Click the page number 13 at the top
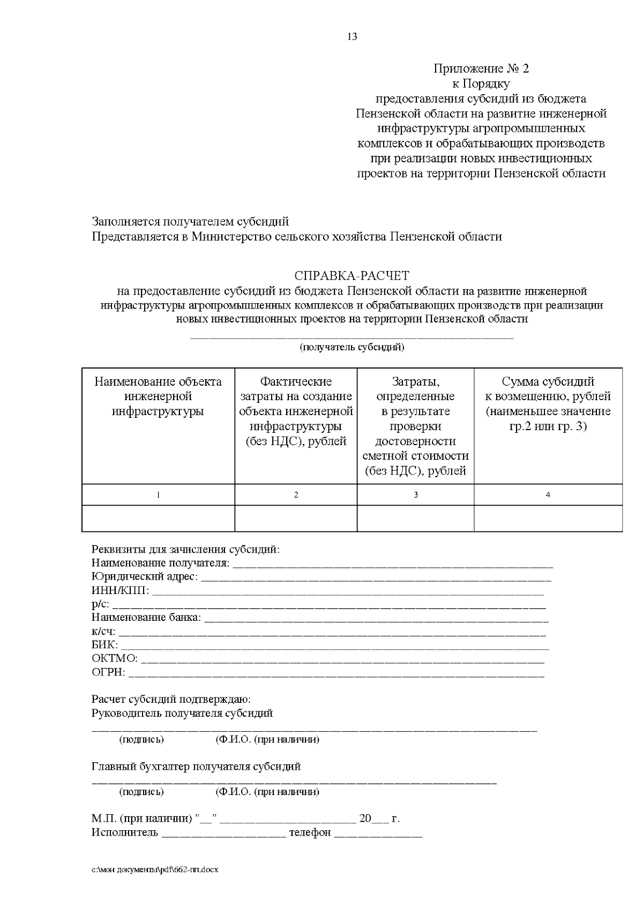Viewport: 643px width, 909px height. [352, 37]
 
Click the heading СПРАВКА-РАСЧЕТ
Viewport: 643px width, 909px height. [352, 276]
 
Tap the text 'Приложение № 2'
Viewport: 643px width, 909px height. [481, 69]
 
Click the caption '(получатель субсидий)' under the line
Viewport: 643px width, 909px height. [352, 347]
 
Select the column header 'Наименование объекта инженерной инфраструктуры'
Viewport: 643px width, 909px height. [158, 396]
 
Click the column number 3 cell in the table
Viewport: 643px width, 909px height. [415, 495]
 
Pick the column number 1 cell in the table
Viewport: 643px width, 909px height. [158, 495]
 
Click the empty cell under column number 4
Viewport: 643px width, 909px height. [548, 518]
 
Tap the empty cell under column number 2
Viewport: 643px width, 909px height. [296, 518]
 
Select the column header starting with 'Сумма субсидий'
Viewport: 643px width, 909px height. [548, 404]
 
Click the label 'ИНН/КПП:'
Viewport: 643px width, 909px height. [121, 591]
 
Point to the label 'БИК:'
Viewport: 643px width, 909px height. [104, 645]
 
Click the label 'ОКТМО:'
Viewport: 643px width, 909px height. [114, 658]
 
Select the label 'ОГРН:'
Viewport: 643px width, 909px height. [108, 672]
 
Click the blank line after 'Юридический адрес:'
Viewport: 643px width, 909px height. [375, 579]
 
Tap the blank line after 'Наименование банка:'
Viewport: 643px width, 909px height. [376, 619]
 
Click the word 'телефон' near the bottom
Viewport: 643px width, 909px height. [310, 833]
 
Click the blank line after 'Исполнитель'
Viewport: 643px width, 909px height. [223, 835]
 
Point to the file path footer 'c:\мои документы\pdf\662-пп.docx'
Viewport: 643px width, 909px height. [155, 870]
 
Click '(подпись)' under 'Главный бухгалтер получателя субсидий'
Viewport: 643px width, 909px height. [141, 792]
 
